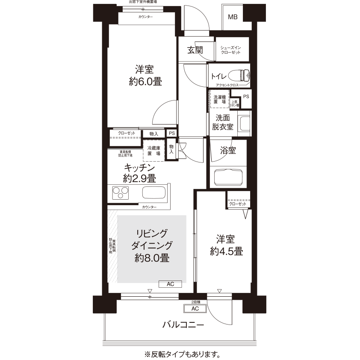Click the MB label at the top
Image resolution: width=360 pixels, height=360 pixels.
point(233,17)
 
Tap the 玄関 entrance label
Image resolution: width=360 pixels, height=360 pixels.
point(195,50)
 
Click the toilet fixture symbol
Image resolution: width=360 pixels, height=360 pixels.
point(240,76)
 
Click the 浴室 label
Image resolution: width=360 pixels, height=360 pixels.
point(227,150)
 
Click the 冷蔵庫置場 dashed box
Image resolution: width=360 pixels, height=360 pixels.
point(154,150)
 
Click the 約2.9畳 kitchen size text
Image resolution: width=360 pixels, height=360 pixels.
point(139,178)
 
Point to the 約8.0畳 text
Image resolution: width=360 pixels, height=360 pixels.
point(152,257)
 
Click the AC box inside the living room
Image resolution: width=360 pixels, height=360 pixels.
point(170,284)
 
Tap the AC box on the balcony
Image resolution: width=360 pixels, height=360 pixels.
point(195,309)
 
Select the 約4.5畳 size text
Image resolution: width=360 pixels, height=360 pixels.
point(226,251)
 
